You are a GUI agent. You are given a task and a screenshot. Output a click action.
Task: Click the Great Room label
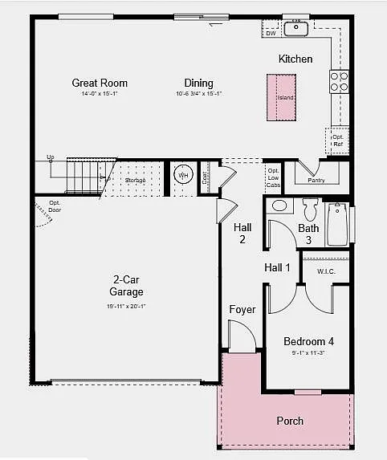(100, 83)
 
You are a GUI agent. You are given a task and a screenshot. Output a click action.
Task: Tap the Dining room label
(198, 83)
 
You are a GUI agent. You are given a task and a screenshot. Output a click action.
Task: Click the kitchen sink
(297, 28)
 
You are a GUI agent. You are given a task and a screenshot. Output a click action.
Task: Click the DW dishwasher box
(271, 33)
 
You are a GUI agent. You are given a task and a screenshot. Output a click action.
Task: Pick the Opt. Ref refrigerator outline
(337, 140)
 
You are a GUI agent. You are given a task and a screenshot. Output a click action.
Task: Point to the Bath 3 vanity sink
(279, 206)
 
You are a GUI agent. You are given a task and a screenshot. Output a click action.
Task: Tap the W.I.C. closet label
(326, 271)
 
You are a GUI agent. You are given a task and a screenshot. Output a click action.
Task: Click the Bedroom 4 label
(308, 341)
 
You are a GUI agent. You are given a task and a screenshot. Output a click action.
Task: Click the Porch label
(290, 421)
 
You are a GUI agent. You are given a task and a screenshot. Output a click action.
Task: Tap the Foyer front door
(240, 336)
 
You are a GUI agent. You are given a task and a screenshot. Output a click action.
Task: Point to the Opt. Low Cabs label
(274, 178)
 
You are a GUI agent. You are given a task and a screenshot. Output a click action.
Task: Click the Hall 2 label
(242, 233)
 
